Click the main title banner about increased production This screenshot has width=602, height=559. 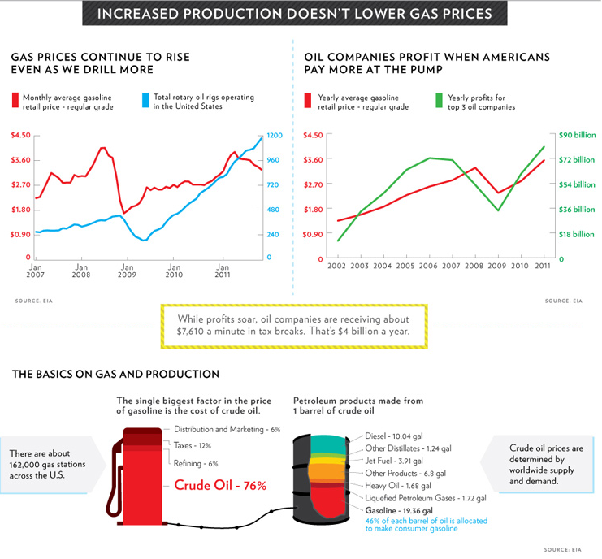300,14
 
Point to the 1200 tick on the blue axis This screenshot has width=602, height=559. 274,135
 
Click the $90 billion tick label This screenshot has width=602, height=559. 577,135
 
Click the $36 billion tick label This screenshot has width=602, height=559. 577,210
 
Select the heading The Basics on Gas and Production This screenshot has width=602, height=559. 115,375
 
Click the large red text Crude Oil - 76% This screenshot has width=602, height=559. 220,486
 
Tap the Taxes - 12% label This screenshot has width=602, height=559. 193,445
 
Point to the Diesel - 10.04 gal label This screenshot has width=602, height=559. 401,434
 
